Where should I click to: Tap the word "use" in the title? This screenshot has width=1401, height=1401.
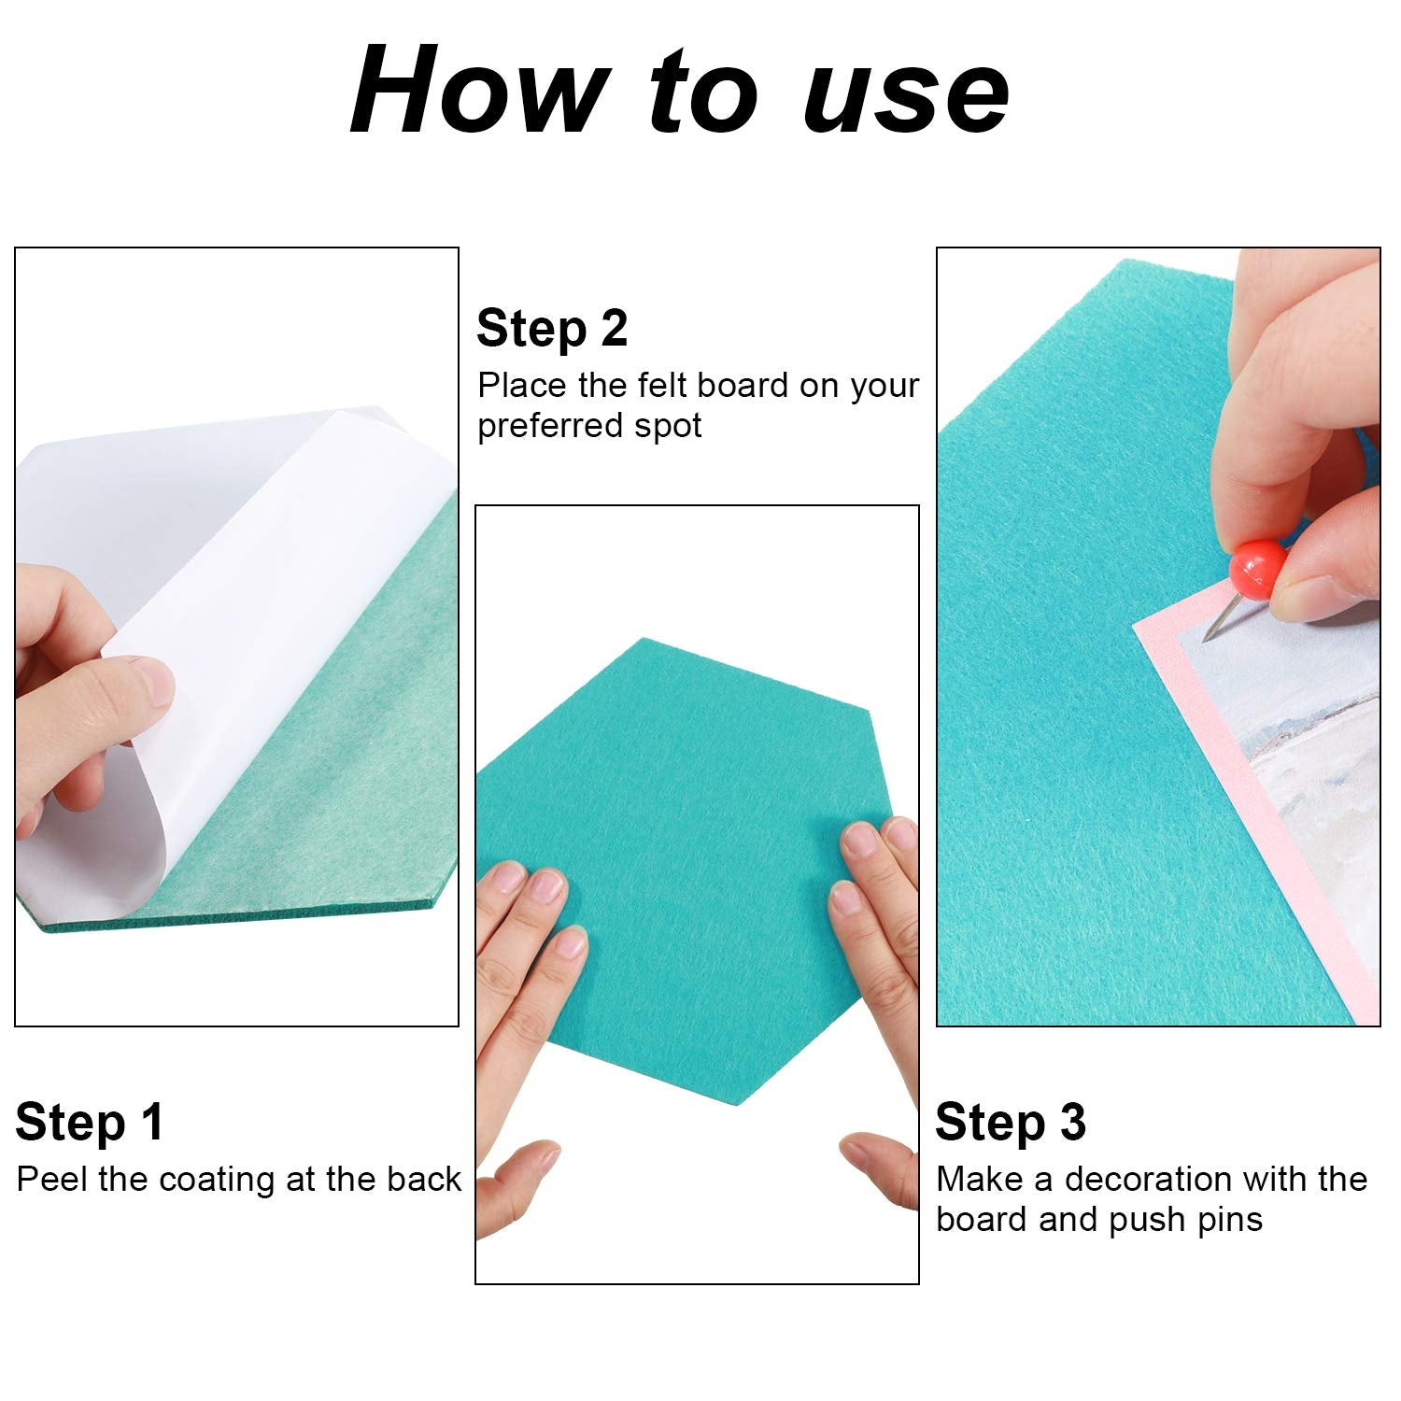pos(906,93)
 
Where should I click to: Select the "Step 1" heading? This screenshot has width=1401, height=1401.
pos(90,1122)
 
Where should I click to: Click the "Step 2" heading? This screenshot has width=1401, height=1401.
pos(552,329)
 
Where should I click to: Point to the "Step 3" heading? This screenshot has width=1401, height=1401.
pos(1011,1122)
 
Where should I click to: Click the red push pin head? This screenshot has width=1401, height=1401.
pos(1257,570)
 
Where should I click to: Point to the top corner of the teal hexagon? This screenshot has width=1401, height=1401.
pos(644,639)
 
